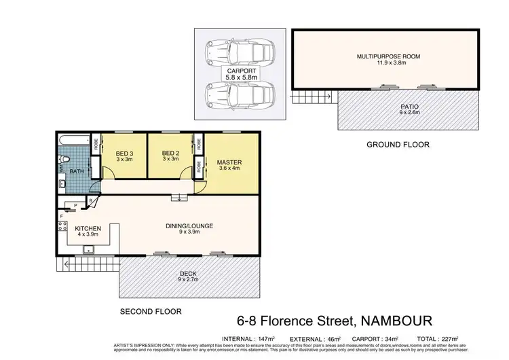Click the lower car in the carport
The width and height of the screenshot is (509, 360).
242,94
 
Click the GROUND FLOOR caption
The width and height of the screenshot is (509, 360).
398,144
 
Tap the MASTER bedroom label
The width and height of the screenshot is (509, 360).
229,163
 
